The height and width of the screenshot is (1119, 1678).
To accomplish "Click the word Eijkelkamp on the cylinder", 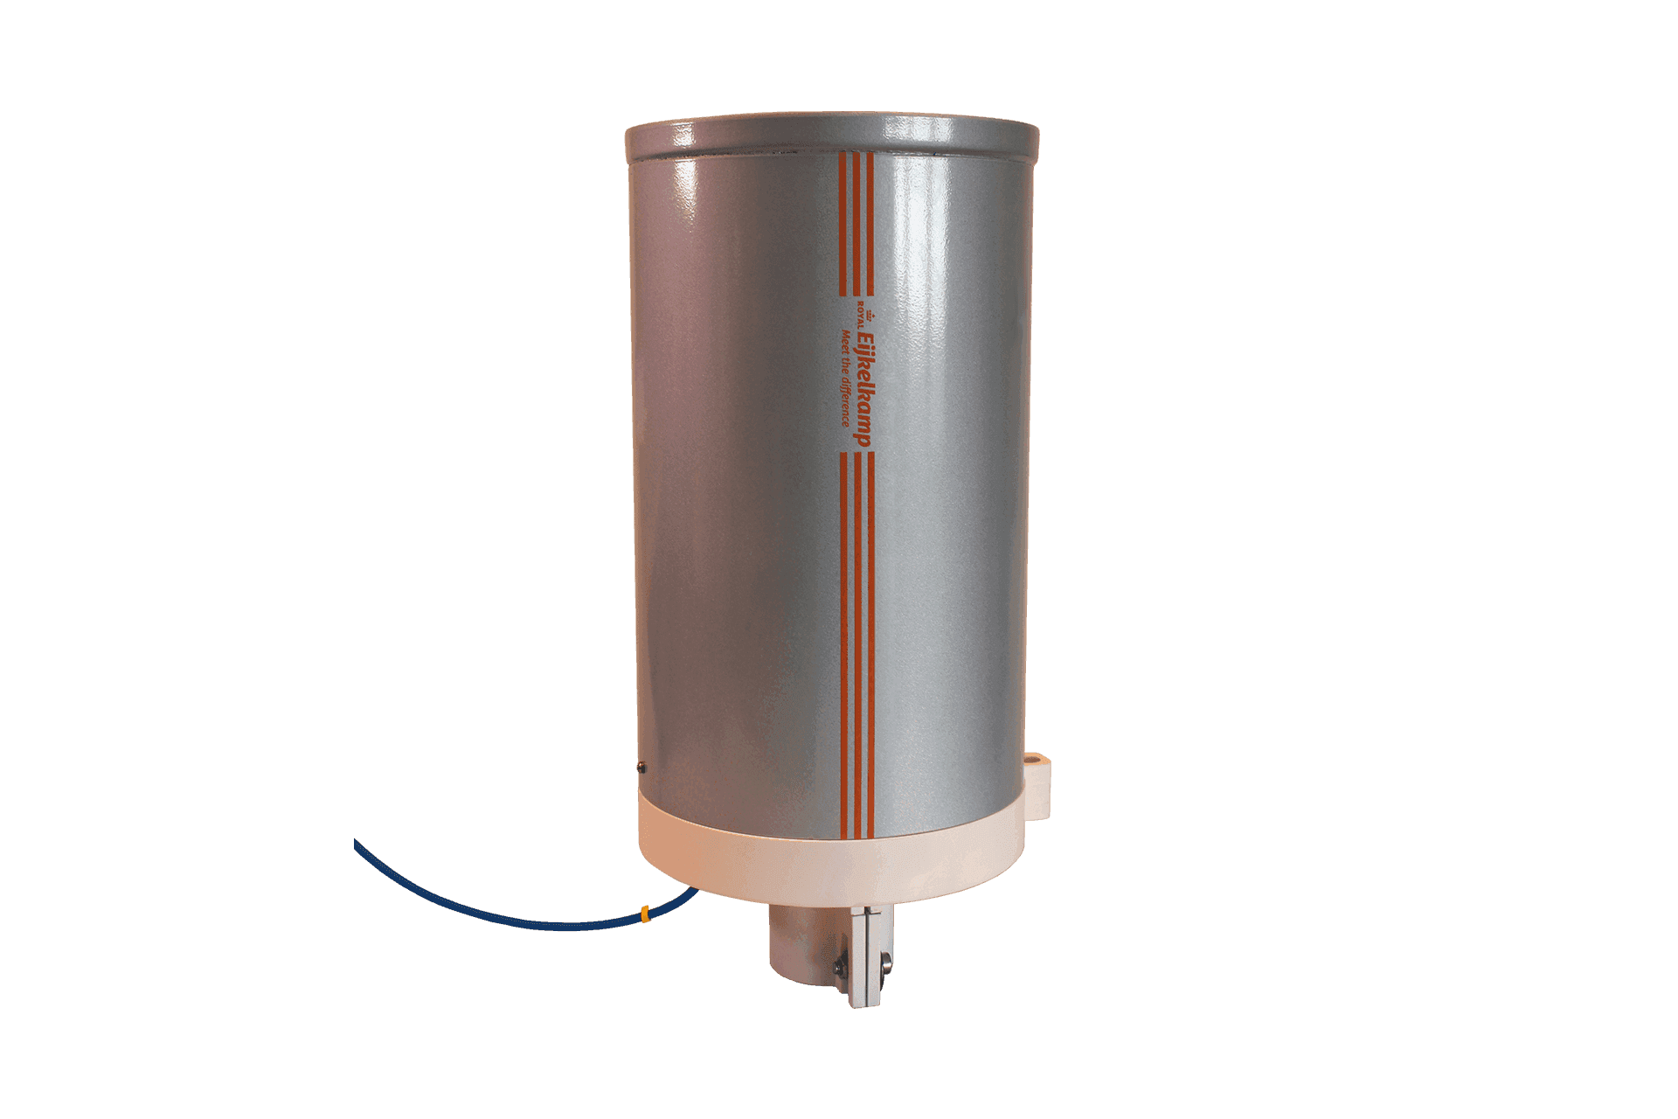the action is [863, 389].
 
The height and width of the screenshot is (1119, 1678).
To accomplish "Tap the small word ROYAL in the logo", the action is [859, 313].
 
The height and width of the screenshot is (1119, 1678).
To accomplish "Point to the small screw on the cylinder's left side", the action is [641, 768].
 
